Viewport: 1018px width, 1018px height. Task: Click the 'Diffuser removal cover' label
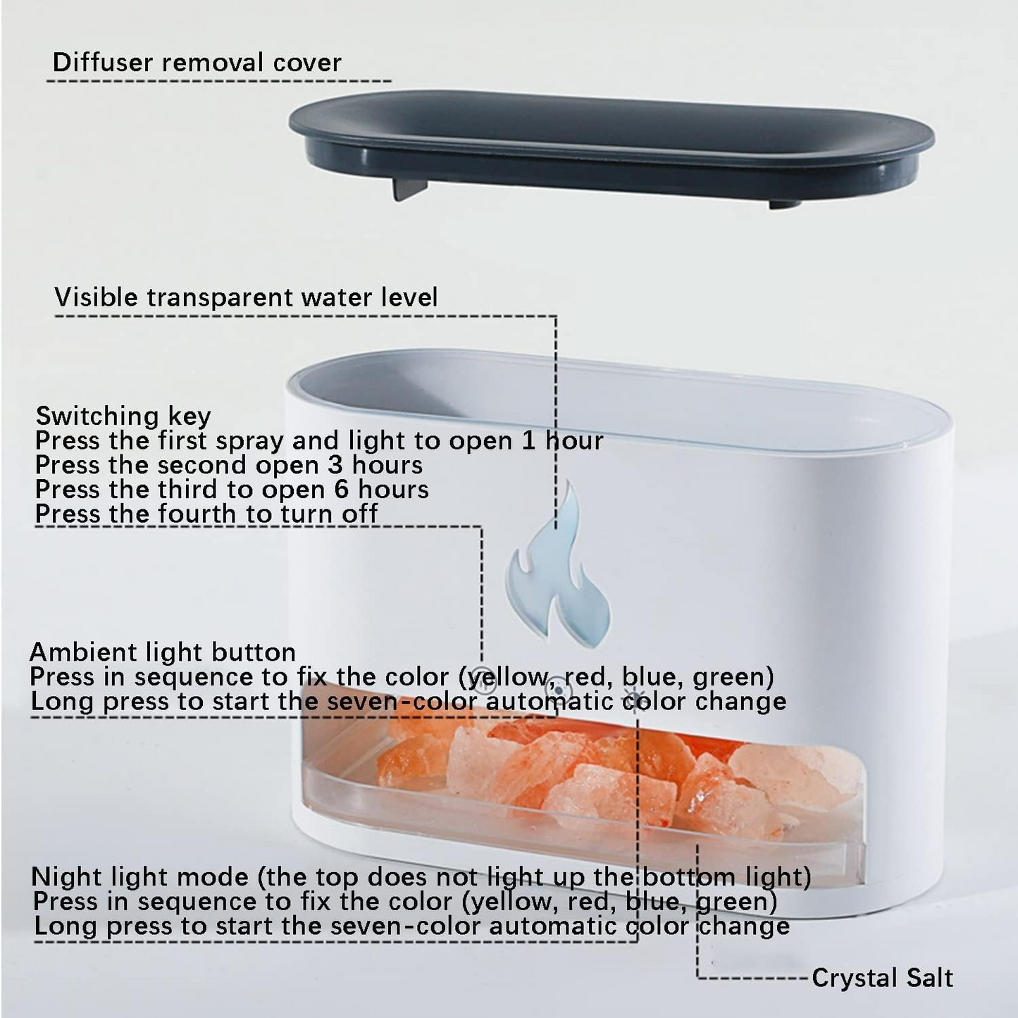[x=197, y=63]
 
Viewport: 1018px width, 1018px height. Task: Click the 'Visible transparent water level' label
[x=246, y=297]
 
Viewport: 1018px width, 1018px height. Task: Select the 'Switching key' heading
[x=123, y=416]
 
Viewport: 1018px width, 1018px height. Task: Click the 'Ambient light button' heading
[x=163, y=652]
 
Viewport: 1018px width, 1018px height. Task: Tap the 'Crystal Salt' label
[x=882, y=978]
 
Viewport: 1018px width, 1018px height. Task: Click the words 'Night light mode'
[x=139, y=877]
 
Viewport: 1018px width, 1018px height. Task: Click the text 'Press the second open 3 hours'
[x=229, y=465]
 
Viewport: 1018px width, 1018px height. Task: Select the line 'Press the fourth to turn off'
[x=206, y=514]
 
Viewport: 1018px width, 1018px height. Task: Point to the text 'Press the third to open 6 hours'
[x=232, y=489]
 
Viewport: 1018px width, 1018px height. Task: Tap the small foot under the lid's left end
[x=409, y=190]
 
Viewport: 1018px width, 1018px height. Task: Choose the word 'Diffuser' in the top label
[x=102, y=63]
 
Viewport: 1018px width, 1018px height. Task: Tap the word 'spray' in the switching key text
[x=249, y=442]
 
